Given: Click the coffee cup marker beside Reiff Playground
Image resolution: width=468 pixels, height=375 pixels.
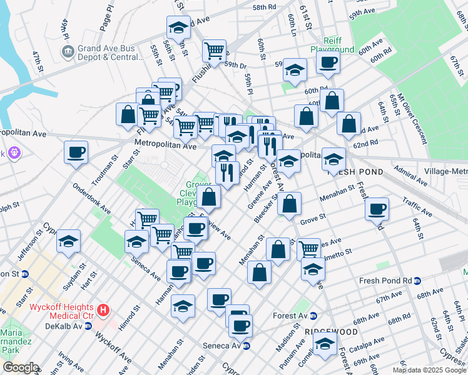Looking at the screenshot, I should point(328,62).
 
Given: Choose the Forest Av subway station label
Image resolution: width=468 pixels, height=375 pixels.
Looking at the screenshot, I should point(290,316).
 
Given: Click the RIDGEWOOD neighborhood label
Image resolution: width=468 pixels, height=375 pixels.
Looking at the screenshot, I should point(331,331).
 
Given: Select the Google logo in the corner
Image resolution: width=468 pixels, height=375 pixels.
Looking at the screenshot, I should point(20,367).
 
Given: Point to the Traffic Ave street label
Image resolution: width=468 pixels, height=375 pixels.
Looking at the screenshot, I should point(418,206).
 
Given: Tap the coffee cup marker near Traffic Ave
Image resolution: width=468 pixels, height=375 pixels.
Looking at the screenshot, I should point(377,209).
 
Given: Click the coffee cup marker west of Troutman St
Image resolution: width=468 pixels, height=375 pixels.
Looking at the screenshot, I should point(76,152).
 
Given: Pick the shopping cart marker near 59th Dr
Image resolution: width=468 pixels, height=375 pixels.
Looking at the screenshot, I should point(214,49).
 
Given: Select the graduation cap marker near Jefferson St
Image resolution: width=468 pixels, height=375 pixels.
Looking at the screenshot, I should point(68,242).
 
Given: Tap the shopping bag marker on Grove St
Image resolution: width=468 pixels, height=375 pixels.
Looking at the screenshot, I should point(290,203).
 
